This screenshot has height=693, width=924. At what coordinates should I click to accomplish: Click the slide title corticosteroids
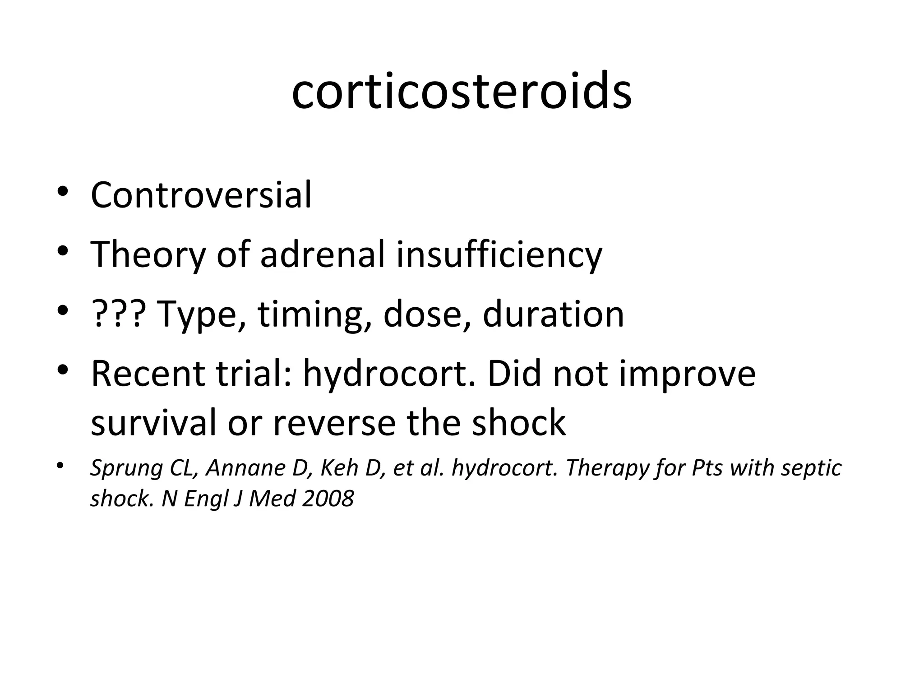[x=462, y=91]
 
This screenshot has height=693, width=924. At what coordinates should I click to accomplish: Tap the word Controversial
[x=201, y=195]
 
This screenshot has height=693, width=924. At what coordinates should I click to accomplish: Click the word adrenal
[x=323, y=254]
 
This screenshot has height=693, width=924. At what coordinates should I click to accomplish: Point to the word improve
[x=687, y=374]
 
